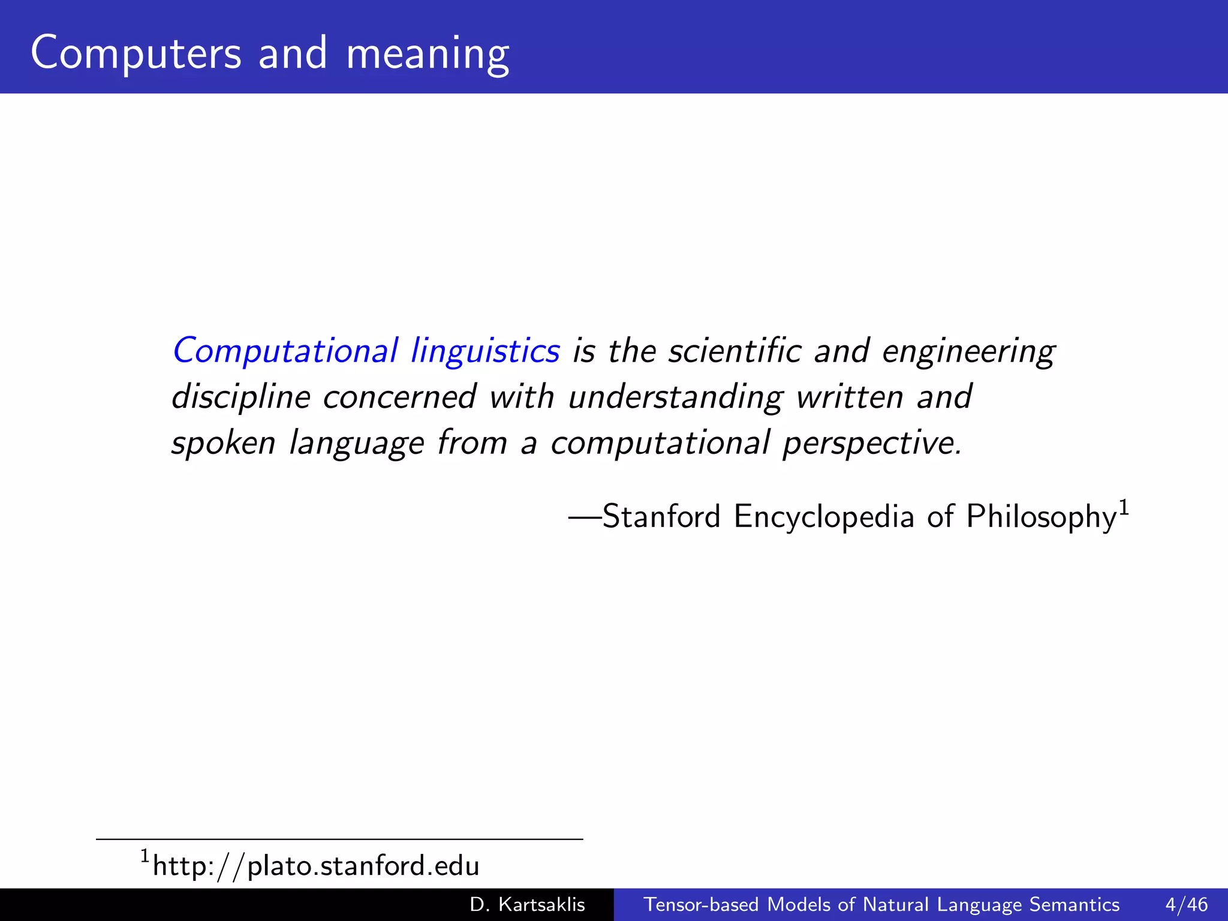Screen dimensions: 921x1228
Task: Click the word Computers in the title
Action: point(136,53)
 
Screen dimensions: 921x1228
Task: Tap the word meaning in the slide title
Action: point(428,55)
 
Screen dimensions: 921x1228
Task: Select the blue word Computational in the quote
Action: point(285,351)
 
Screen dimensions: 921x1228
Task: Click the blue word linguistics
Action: point(485,351)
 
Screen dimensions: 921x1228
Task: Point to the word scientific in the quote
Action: point(735,351)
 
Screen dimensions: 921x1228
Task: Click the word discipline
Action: point(241,398)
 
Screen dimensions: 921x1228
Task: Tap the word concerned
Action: point(399,398)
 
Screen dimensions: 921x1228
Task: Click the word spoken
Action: point(224,444)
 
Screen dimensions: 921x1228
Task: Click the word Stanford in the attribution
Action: point(661,516)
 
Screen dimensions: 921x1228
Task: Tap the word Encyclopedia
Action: point(824,517)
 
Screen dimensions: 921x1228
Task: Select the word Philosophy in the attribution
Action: point(1041,517)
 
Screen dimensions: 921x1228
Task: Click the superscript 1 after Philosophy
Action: point(1124,507)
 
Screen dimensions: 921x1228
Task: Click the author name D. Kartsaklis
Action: point(527,904)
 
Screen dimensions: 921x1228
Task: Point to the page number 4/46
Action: point(1187,904)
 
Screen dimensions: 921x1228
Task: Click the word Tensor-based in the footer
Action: point(701,904)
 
